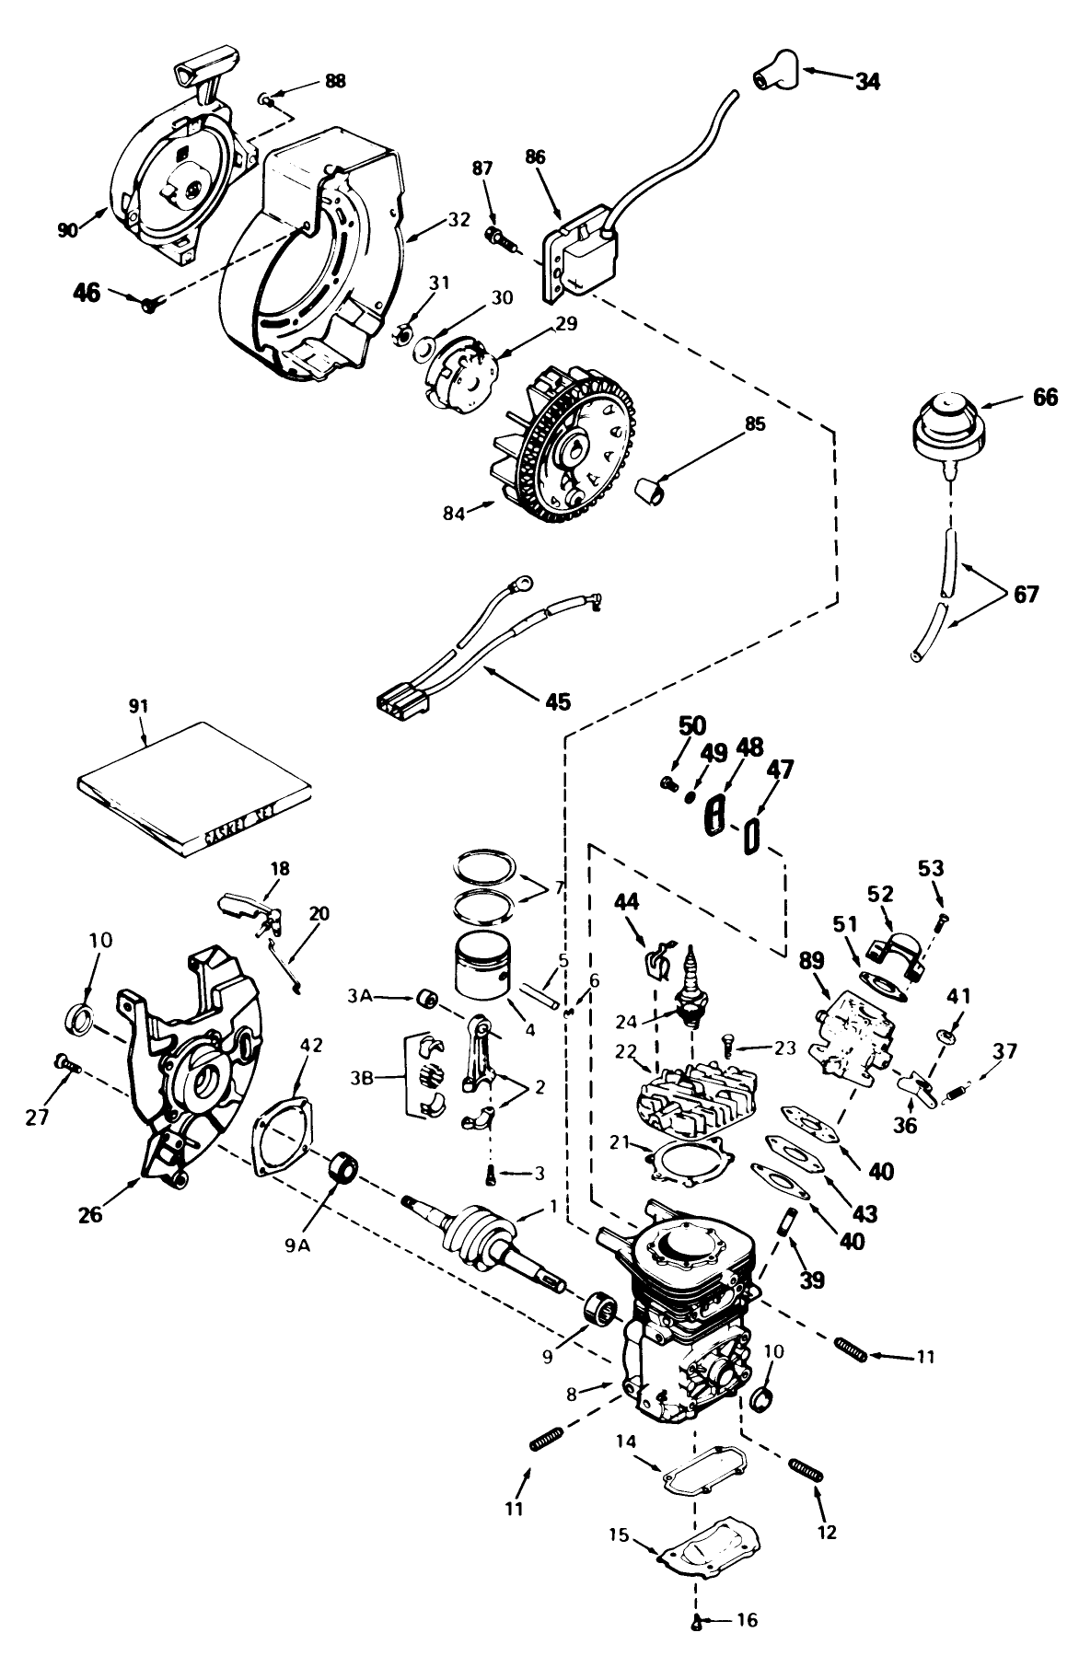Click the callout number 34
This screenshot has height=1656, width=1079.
click(x=867, y=81)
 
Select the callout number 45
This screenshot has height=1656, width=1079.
click(x=557, y=701)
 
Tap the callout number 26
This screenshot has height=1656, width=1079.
click(x=91, y=1213)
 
